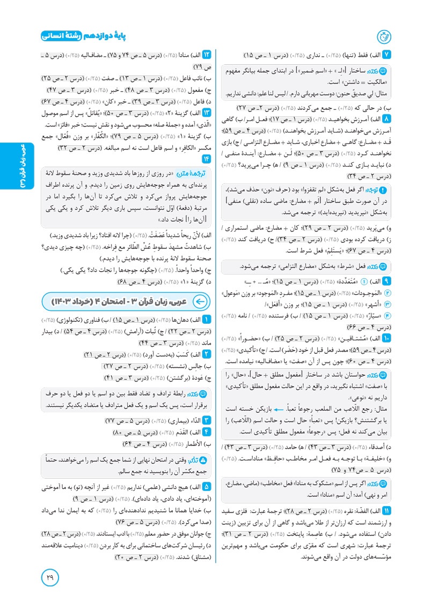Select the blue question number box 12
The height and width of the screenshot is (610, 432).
tap(206, 55)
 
